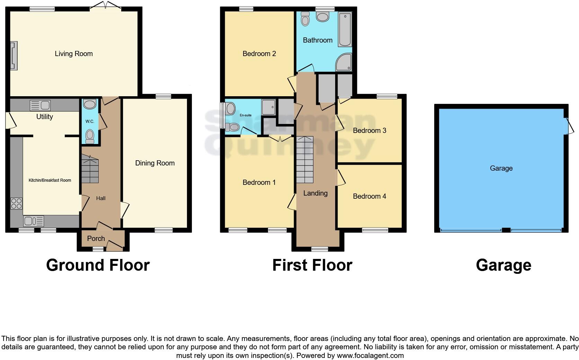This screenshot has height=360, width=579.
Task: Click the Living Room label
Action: coord(74,54)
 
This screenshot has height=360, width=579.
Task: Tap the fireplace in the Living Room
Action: coord(14,56)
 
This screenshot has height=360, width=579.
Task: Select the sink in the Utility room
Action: coord(40,105)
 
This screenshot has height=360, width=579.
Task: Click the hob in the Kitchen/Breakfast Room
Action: coord(16,203)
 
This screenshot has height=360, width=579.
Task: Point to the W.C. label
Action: coord(90,121)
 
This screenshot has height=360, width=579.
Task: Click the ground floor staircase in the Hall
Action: coord(90,169)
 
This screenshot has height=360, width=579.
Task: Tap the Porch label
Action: coord(96,238)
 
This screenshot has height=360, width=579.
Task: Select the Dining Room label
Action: coord(155,163)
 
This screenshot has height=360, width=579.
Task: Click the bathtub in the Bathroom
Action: coord(345,29)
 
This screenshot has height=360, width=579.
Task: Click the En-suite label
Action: coord(246,115)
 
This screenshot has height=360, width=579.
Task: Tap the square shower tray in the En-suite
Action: coord(269,107)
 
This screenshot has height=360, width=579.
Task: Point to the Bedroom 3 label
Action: coord(369,130)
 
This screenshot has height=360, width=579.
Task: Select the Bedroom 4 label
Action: coord(369,196)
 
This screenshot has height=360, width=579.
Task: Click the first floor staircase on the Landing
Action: coord(305,160)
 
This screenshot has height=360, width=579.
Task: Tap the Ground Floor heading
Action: coord(98,265)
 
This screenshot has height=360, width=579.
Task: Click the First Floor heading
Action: coord(312,265)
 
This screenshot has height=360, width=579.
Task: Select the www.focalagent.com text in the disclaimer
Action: coord(370,355)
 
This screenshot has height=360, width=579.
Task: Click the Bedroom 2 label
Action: coord(259,54)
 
